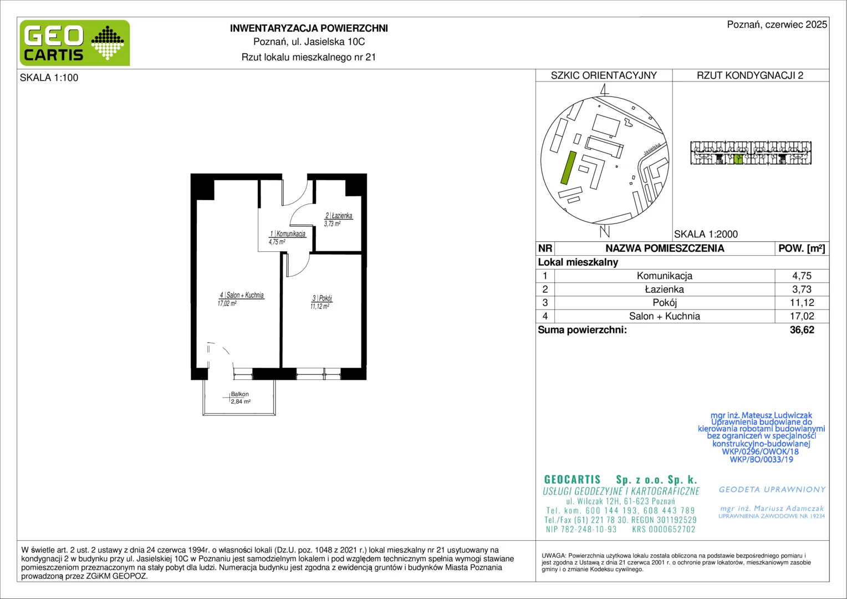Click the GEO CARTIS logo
[x=75, y=43]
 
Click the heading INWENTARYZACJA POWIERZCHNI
[x=309, y=28]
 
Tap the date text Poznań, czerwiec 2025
[x=777, y=24]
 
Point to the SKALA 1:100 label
[x=49, y=78]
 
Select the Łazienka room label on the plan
[x=342, y=216]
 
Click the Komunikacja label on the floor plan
[x=291, y=234]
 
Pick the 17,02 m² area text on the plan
[x=227, y=303]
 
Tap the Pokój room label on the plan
[x=325, y=298]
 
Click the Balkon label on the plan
[x=239, y=394]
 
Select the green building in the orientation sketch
[x=568, y=167]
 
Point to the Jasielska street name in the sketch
[x=652, y=149]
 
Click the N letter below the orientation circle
[x=605, y=231]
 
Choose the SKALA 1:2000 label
[x=706, y=234]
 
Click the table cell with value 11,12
[x=802, y=303]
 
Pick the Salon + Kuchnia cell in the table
[x=665, y=316]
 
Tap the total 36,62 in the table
[x=802, y=329]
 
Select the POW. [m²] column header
[x=802, y=248]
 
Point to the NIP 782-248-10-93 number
[x=581, y=529]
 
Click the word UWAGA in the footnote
[x=554, y=556]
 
